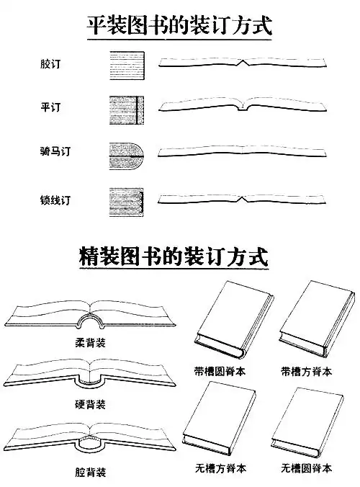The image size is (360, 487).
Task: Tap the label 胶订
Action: click(50, 63)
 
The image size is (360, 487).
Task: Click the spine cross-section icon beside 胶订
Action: click(125, 63)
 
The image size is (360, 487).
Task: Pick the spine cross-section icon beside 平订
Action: click(125, 108)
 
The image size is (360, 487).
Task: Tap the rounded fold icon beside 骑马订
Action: click(127, 152)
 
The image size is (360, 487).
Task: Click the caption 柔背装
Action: click(90, 342)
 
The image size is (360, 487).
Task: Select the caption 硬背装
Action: click(90, 404)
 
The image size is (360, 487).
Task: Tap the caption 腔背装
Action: click(90, 473)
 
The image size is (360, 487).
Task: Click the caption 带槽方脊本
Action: click(306, 372)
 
